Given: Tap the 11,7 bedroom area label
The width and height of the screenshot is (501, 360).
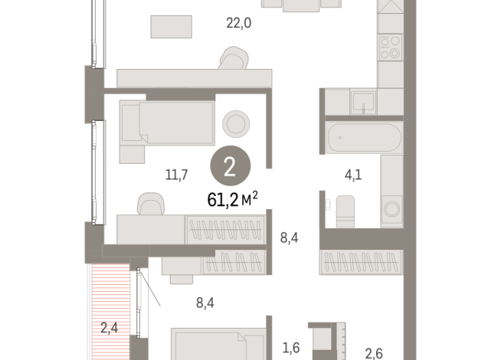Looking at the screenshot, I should tap(178, 175).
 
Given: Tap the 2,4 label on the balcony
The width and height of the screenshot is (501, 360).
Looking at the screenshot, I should tap(110, 330).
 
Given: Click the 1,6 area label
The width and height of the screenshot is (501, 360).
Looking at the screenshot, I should tap(291, 348).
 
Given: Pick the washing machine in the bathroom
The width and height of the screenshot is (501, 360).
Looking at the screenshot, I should tap(391, 207).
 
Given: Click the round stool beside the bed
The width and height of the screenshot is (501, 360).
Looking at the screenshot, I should tap(234, 122).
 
